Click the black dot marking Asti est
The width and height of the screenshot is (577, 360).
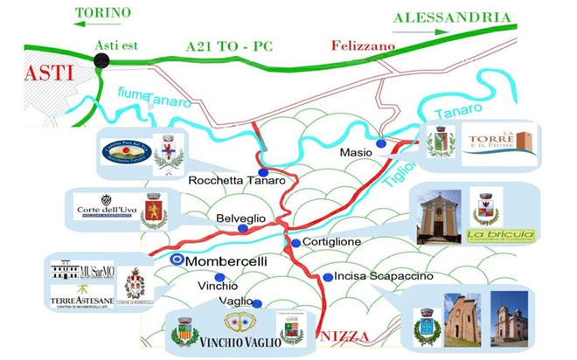(x=102, y=60)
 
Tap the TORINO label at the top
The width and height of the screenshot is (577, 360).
(x=103, y=13)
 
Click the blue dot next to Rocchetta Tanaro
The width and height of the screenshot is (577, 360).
(x=262, y=173)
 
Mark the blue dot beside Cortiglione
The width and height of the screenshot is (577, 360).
(x=295, y=243)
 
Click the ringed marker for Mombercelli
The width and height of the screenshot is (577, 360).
(x=177, y=260)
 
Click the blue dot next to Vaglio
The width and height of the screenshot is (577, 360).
(x=257, y=303)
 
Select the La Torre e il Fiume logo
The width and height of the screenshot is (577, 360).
(x=498, y=142)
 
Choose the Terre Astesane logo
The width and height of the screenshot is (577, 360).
(x=82, y=296)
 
